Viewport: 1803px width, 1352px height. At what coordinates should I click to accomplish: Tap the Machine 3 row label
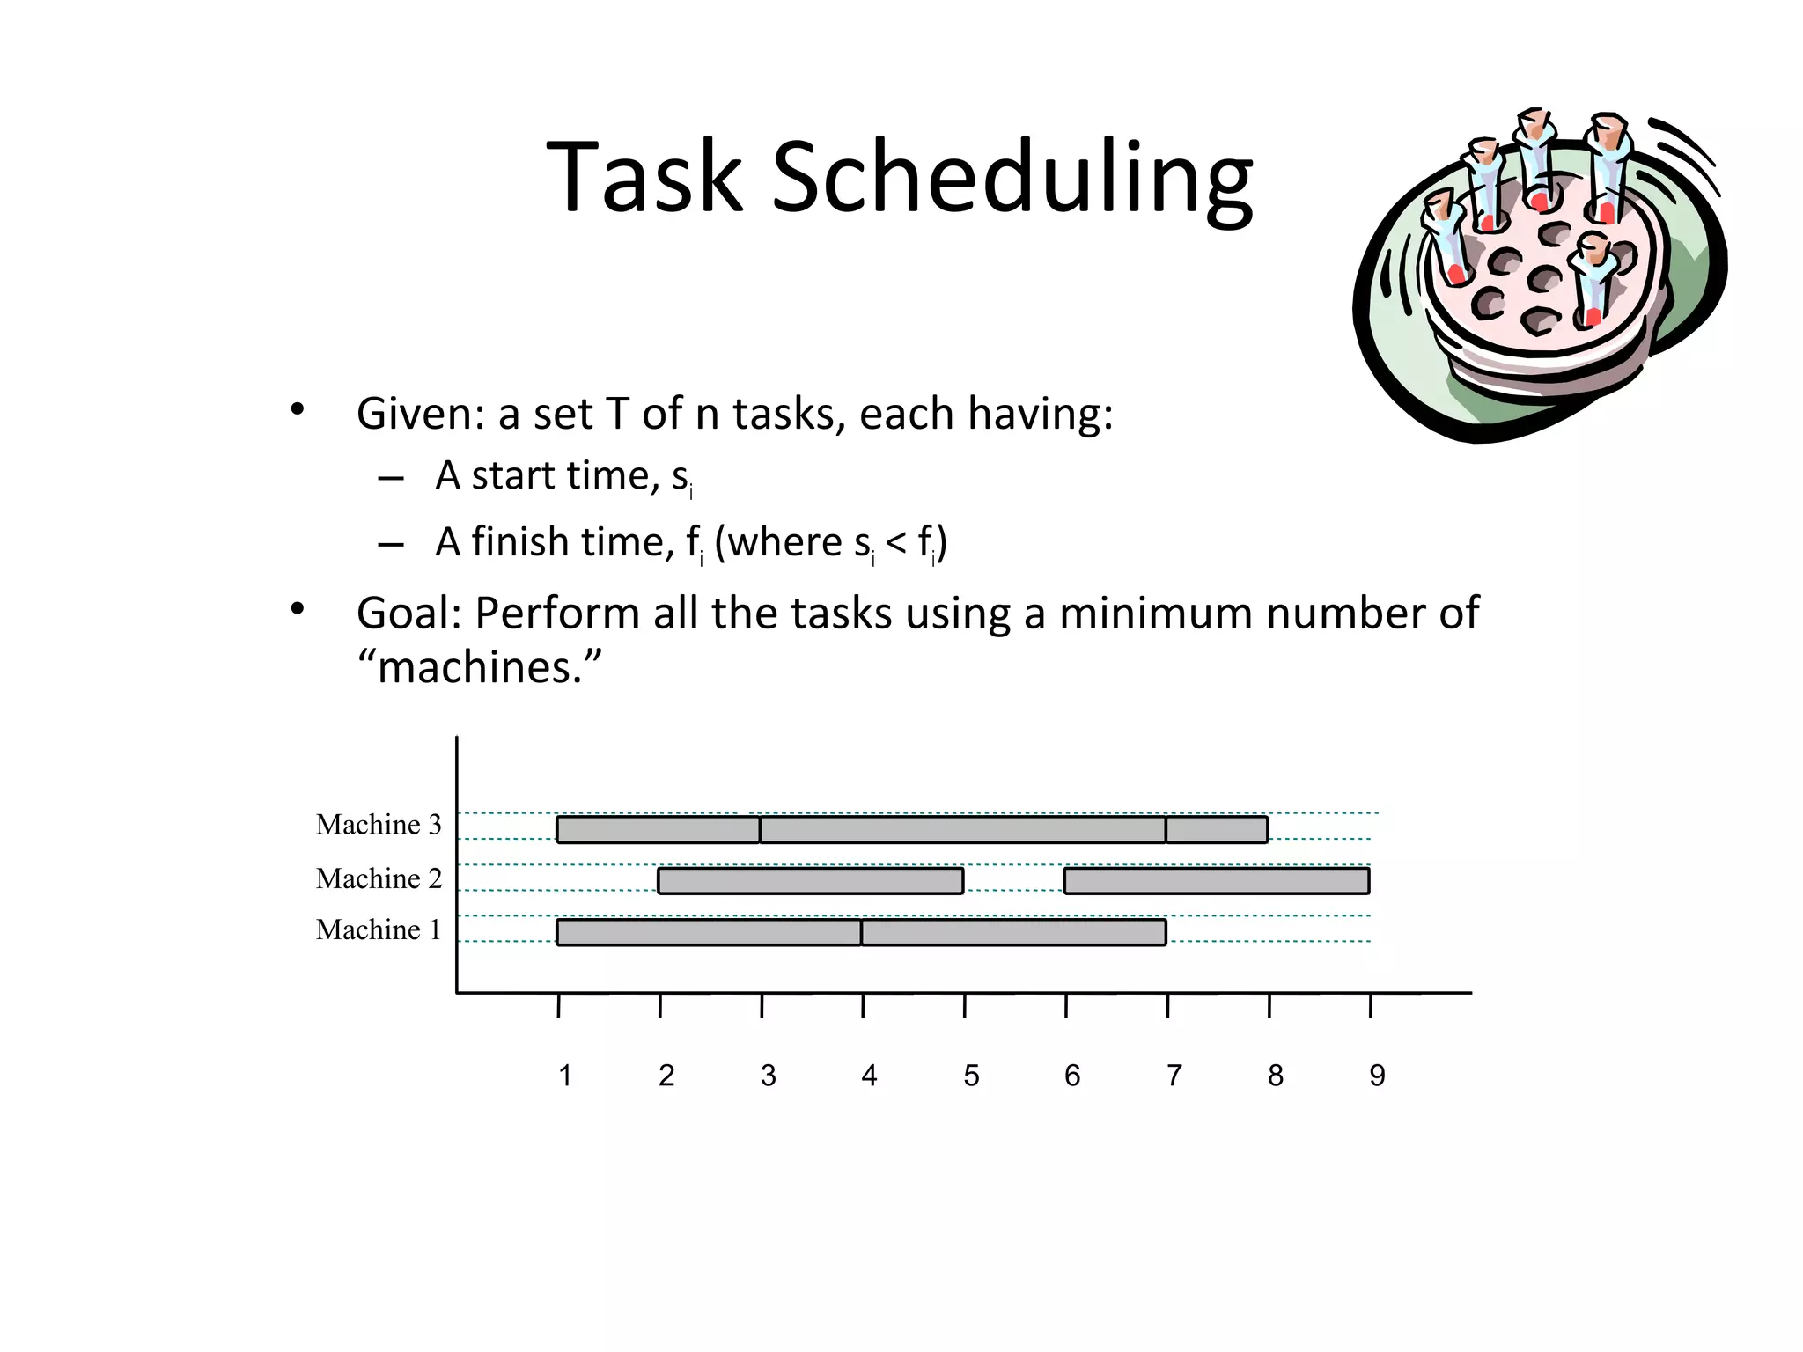coord(379,825)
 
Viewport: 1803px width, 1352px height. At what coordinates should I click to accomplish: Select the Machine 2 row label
coord(379,878)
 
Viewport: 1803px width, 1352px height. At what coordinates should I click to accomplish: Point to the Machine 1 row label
coord(378,929)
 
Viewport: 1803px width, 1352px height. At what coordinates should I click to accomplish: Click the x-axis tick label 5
coord(971,1076)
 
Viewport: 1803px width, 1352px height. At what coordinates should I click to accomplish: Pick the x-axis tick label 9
coord(1377,1076)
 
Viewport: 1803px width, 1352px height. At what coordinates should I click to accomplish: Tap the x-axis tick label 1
coord(565,1076)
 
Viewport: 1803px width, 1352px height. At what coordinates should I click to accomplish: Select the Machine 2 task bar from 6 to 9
coord(1217,881)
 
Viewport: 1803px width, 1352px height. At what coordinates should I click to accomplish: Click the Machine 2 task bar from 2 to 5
coord(811,881)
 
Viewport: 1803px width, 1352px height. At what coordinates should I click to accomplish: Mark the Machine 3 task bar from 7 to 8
coord(1217,829)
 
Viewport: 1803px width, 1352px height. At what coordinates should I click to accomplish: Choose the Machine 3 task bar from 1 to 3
coord(659,829)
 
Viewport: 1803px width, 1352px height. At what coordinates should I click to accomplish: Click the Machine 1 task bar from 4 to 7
coord(1014,932)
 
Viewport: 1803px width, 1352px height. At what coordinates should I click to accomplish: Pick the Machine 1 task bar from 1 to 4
coord(709,932)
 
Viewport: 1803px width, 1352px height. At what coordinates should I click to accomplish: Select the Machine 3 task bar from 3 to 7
coord(963,829)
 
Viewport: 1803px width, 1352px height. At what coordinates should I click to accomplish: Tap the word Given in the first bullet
coord(419,414)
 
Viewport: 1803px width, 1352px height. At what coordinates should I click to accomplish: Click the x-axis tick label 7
coord(1174,1076)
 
